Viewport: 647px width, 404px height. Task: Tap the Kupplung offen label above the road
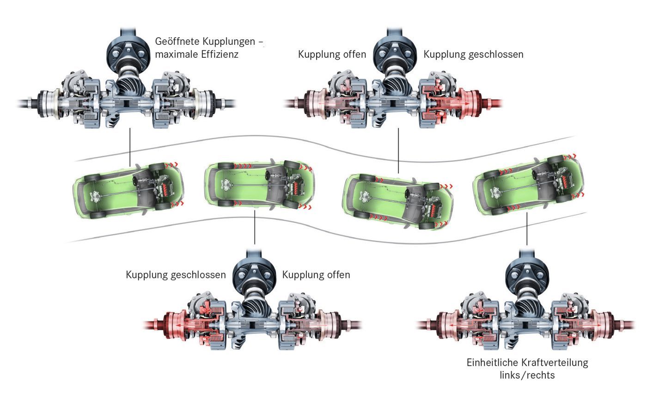331,54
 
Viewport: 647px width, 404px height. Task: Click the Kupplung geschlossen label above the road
473,54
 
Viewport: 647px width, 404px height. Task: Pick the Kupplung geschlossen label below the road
176,275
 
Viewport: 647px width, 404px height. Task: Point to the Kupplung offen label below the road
316,275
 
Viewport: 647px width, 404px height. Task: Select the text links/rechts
527,375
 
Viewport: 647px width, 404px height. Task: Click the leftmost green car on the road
128,190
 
